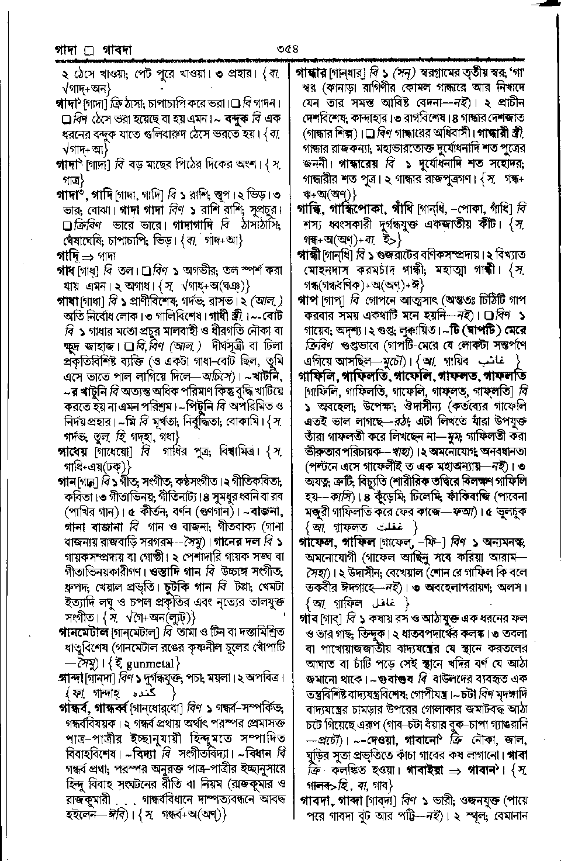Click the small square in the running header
tap(89, 51)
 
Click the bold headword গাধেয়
tap(72, 451)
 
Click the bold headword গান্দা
tap(69, 679)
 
